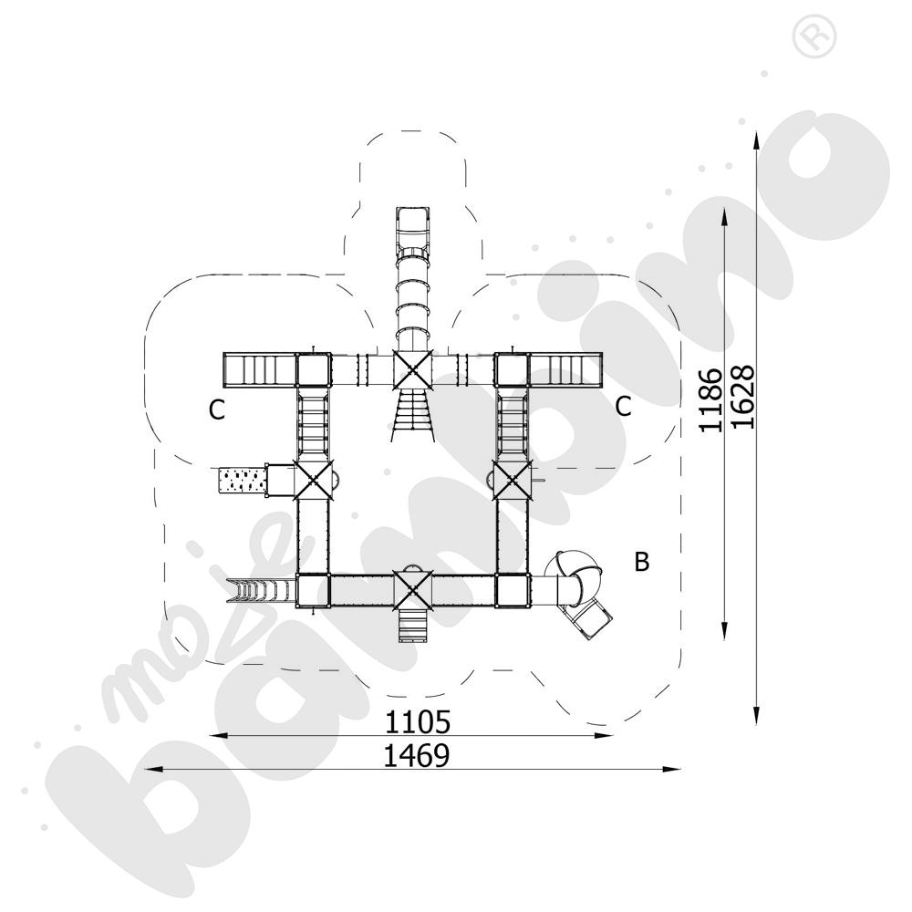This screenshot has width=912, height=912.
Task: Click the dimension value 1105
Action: [x=418, y=721]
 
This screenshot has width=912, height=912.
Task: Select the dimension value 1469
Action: [x=417, y=755]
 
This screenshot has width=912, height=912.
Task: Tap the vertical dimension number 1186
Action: [x=710, y=400]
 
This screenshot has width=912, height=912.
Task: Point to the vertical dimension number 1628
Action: [x=742, y=397]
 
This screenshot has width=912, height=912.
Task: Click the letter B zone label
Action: [x=641, y=562]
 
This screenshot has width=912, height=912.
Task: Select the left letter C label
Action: [x=217, y=410]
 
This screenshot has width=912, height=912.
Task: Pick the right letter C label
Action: [x=623, y=407]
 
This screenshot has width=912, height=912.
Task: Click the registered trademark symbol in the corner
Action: [x=814, y=36]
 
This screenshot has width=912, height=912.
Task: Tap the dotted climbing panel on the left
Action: [x=242, y=481]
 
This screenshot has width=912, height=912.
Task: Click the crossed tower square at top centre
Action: [x=412, y=370]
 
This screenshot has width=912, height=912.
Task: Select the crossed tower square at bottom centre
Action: [x=412, y=590]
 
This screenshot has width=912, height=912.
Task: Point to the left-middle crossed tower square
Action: [x=314, y=481]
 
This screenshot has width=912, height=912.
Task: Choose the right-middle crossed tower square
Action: [x=512, y=481]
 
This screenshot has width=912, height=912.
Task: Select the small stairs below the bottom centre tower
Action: [x=412, y=626]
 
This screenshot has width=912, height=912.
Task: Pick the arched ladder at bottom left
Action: [x=261, y=590]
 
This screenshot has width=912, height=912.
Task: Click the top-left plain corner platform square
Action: [x=314, y=370]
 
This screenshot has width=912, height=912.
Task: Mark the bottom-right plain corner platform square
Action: [x=513, y=590]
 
